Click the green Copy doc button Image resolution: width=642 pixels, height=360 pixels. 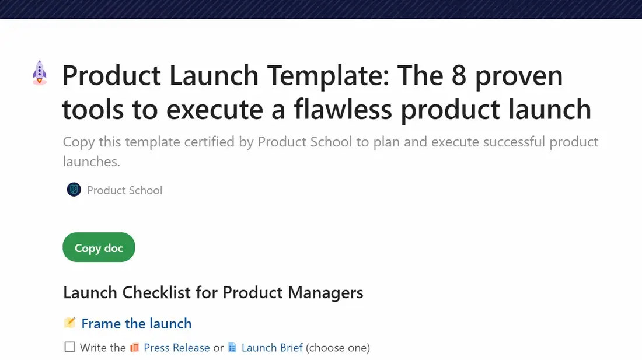point(99,247)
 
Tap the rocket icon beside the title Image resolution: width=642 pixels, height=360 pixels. point(39,73)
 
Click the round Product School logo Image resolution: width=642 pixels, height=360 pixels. point(74,190)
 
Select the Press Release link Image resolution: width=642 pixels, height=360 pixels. point(176,348)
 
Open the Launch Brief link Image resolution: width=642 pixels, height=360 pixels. point(272,348)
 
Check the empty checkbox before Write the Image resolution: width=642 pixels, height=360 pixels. point(69,347)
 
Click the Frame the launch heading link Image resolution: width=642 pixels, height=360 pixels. point(137,324)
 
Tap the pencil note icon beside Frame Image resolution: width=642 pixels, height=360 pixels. point(69,323)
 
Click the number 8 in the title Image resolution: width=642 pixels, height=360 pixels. point(459,76)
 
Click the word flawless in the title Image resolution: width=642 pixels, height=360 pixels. point(343,110)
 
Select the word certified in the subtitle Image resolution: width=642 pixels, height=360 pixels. point(209,142)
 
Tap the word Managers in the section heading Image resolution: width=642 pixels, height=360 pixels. point(326,293)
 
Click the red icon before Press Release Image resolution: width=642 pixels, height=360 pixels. point(134,348)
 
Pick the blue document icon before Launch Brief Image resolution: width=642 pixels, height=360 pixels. point(232,348)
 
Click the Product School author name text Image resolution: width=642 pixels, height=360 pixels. point(124,190)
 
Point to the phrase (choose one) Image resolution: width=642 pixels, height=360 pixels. point(338,348)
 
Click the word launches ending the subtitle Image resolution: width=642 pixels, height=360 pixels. point(91,162)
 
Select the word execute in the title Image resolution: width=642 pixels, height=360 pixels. point(215,110)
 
